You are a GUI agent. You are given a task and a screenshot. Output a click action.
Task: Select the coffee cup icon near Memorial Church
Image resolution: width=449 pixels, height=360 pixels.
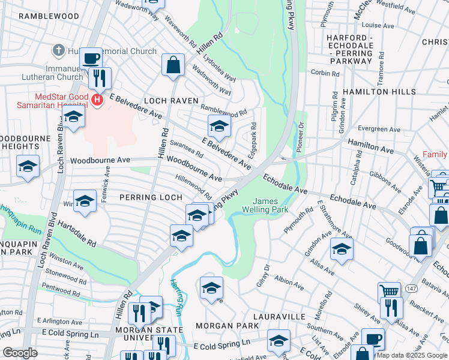point(91,59)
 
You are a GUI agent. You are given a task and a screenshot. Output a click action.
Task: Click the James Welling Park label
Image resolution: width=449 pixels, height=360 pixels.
point(265,205)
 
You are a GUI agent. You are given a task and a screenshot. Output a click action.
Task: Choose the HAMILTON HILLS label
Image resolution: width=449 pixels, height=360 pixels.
point(379,92)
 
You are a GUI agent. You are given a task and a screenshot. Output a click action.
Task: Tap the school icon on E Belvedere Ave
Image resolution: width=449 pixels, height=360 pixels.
point(220,127)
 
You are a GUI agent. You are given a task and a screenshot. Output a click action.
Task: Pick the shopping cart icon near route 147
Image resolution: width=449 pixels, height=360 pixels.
point(389,292)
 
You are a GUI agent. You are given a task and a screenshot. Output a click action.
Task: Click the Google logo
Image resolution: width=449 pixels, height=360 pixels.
point(19,353)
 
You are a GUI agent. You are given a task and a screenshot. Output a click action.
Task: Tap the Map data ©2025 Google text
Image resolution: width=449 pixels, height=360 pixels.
point(412,355)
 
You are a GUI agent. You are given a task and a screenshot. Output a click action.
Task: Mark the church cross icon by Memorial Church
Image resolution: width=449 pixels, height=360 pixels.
point(59,49)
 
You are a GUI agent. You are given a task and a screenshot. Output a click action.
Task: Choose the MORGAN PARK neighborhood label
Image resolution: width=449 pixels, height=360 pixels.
point(228,326)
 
